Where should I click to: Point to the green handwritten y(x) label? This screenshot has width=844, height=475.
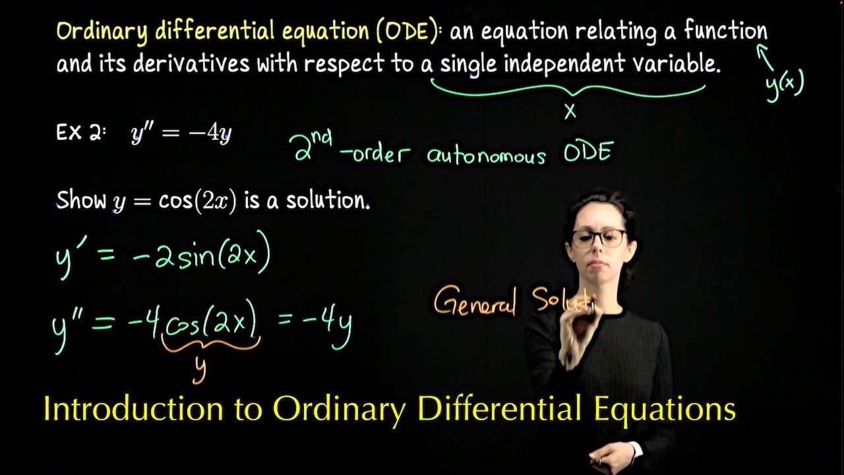coord(785,84)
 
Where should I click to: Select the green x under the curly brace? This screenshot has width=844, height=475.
coord(570,112)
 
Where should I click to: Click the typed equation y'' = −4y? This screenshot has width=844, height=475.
coord(181,134)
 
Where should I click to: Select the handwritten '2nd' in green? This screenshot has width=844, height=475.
coord(313,144)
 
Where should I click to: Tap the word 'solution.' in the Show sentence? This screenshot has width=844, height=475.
coord(327,201)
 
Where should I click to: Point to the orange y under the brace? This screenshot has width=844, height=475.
coord(199,369)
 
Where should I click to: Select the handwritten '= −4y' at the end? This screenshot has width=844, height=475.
coord(315,323)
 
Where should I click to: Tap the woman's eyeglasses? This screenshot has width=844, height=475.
coord(598,238)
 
